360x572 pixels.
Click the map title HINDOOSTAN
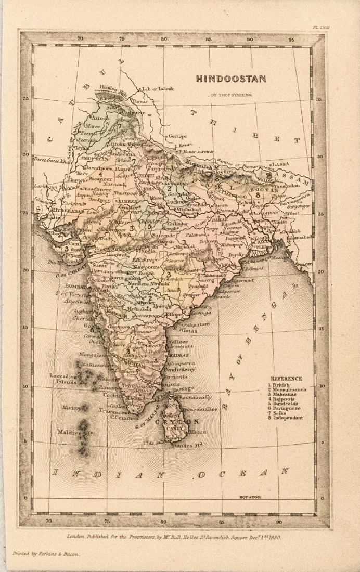(231, 79)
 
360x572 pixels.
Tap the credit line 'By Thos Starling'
(231, 95)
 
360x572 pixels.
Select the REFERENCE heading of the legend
(286, 379)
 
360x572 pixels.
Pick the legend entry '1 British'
(278, 385)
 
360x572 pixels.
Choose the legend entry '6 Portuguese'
(284, 408)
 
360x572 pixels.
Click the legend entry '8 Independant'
(285, 418)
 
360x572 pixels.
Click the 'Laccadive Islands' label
(63, 378)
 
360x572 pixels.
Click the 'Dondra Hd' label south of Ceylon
(188, 446)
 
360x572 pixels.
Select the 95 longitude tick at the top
(291, 39)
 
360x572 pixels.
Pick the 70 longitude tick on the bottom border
(49, 520)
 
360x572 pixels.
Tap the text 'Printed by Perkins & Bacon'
(46, 554)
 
